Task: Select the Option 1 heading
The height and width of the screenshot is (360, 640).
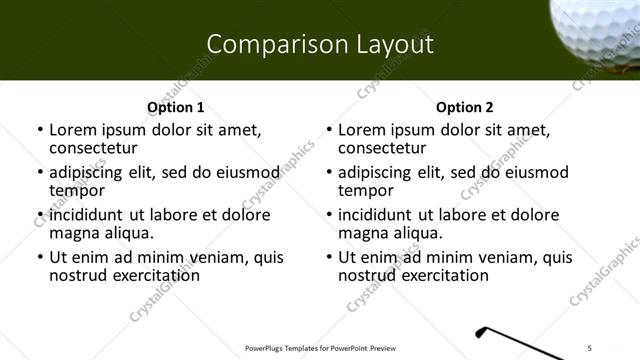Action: click(175, 107)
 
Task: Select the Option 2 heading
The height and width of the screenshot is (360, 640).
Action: click(464, 107)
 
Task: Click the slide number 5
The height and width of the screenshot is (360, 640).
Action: click(590, 348)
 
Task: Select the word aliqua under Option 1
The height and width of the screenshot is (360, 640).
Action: click(129, 233)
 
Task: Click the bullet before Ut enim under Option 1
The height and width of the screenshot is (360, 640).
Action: click(40, 257)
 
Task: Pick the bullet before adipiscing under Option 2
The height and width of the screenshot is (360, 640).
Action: click(329, 172)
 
